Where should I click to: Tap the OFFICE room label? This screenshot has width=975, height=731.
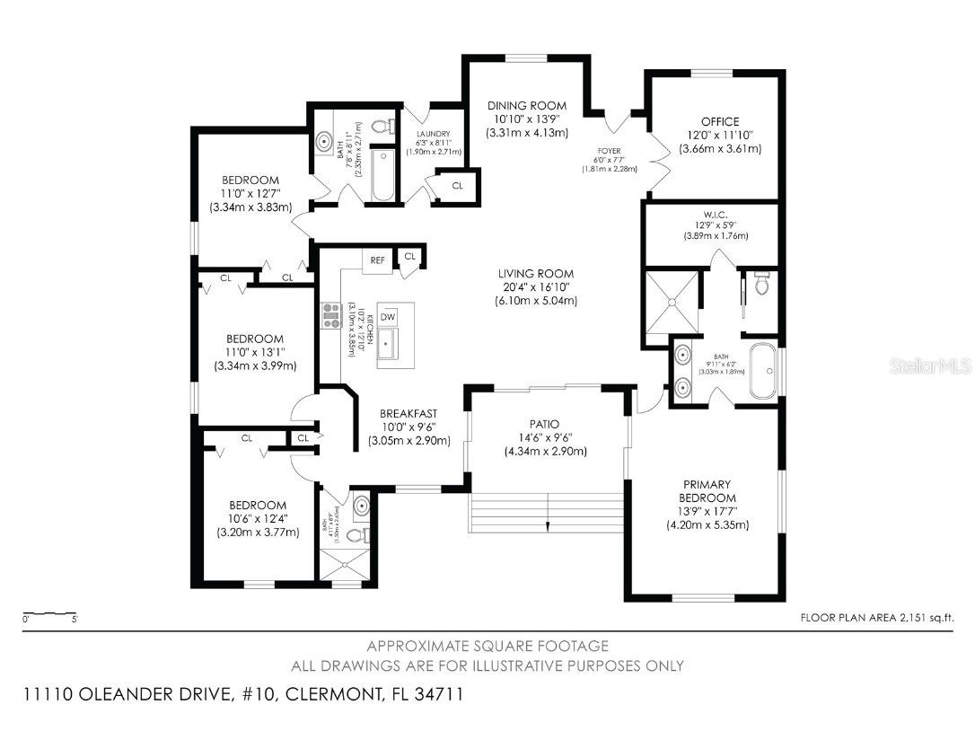719,121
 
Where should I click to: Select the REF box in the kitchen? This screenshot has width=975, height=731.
378,260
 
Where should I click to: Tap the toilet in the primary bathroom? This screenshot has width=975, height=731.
761,285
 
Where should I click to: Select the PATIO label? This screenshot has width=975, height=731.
545,424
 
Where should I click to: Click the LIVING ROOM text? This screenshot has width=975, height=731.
536,274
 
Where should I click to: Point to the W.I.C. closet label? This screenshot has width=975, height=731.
716,215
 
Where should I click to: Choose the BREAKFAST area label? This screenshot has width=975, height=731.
408,414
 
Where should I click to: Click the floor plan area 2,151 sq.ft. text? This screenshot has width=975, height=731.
876,617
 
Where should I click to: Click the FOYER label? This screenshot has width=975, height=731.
610,151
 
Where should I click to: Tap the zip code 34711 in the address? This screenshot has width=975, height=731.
440,694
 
